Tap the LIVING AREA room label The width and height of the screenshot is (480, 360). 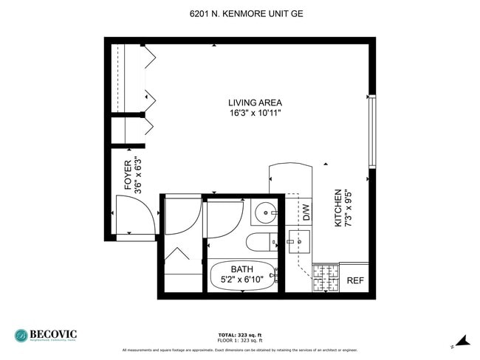tap(255, 103)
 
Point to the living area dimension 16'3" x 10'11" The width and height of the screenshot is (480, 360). tap(255, 113)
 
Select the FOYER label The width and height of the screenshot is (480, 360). tap(127, 176)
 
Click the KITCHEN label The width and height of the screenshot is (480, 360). tap(338, 207)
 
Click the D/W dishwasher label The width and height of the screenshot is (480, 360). tap(306, 212)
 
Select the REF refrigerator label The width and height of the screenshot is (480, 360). tap(355, 280)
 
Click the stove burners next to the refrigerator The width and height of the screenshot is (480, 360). tap(325, 277)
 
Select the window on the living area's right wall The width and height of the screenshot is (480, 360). tap(372, 131)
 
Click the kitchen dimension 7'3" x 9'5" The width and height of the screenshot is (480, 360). tap(349, 207)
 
